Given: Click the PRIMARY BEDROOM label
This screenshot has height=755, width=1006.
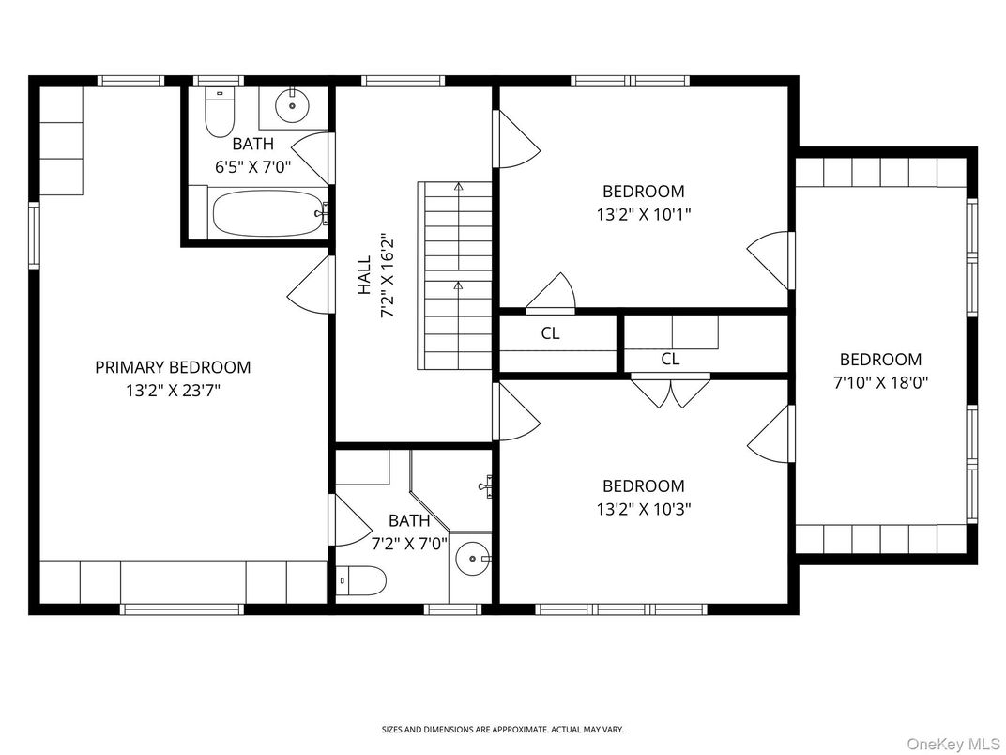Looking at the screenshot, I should click(173, 367).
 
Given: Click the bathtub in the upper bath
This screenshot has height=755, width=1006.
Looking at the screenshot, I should click(267, 214).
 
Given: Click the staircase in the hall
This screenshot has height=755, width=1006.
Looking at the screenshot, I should click(456, 277).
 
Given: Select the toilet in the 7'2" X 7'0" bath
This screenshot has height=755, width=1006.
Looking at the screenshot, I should click(361, 581).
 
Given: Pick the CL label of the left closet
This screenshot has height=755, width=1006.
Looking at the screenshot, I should click(551, 333).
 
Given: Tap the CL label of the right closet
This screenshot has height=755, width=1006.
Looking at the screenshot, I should click(670, 359).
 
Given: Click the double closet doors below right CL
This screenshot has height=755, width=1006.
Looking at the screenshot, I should click(670, 393).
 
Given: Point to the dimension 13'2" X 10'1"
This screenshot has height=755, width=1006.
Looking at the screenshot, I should click(644, 214).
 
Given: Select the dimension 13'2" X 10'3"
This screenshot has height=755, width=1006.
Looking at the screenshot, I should click(644, 509).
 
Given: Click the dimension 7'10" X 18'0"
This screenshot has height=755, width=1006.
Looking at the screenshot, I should click(880, 382).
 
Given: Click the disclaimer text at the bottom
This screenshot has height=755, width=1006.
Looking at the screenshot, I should click(502, 729).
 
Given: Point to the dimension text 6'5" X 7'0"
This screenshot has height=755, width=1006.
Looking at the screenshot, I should click(253, 167).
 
